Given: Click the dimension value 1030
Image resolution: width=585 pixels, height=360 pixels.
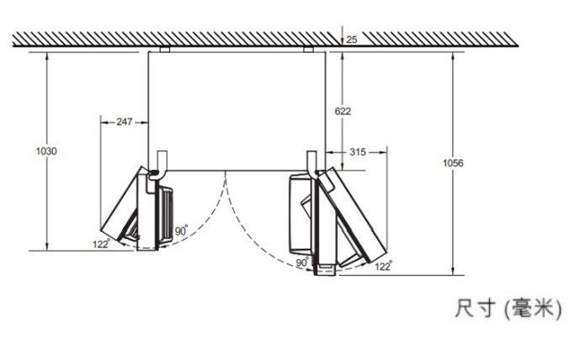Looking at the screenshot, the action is point(46,151).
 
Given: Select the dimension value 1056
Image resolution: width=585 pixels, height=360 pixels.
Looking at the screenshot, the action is point(453,163).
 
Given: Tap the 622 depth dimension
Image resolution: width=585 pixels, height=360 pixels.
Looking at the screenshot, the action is point(343,111).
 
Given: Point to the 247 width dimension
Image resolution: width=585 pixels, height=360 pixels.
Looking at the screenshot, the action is point(125,121).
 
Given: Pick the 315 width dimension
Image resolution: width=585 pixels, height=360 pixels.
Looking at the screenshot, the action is point(358,152).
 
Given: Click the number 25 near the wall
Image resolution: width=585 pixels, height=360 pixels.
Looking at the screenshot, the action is point(352,40).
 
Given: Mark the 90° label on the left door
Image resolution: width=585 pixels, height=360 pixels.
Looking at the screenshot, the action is point(181,230).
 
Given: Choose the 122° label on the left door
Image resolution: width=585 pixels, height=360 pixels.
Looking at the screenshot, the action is point(101,244).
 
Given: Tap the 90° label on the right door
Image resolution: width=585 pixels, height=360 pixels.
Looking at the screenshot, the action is point(302,262).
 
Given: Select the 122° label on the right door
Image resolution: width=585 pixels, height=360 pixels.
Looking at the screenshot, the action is point(383,266).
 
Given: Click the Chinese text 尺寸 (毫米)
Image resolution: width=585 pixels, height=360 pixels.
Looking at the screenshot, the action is point(508,309).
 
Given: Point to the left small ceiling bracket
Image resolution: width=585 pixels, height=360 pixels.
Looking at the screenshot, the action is point(164,50).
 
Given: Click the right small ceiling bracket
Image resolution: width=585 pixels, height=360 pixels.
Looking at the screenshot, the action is point(309,50).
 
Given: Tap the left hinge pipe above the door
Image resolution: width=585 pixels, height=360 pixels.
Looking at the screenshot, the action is point(162,164).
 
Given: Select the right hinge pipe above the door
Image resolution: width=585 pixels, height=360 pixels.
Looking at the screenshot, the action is point(312,163).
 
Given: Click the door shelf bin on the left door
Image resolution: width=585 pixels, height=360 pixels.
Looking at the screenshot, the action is point(166,215).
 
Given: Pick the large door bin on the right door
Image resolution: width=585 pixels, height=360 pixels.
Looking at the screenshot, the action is point(301,214).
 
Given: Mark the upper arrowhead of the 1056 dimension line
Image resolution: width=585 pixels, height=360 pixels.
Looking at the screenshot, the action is point(453,55).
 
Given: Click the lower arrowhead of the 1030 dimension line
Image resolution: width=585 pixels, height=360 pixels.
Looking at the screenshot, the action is point(46,247).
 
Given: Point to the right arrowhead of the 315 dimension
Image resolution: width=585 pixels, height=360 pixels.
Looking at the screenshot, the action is point(384,152).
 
